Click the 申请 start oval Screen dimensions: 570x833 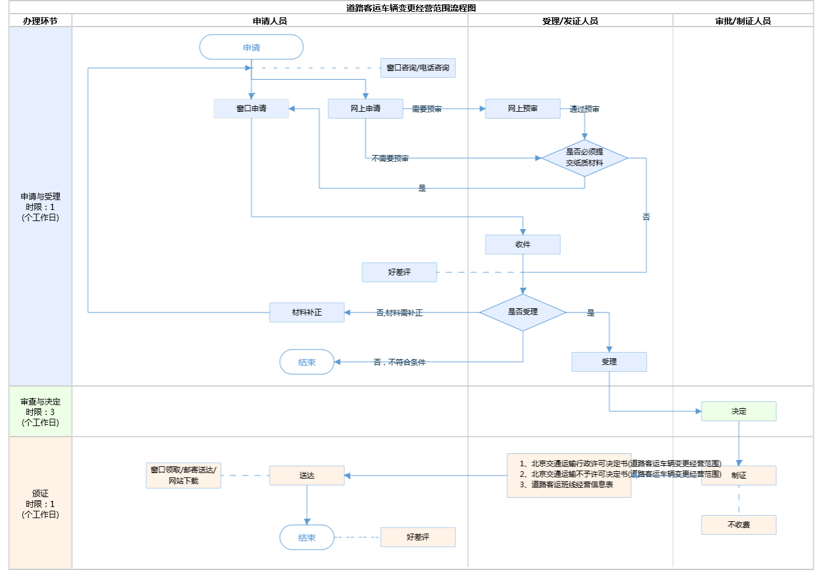(251, 48)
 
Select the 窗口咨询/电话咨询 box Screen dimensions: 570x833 (418, 68)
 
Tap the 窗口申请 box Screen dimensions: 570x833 (251, 109)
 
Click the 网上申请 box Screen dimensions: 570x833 (365, 109)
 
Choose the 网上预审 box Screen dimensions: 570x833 (523, 109)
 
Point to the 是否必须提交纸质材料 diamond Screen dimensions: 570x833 (584, 158)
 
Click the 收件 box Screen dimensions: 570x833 (523, 245)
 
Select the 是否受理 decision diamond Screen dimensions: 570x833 (523, 312)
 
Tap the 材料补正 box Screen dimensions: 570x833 (307, 312)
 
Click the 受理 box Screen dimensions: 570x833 (609, 362)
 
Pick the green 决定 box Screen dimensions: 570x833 (739, 411)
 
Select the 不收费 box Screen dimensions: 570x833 (739, 525)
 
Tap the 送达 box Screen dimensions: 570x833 (307, 476)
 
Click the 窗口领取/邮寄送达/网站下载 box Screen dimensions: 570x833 (183, 476)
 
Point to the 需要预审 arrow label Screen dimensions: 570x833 (426, 109)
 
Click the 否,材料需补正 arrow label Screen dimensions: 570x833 (399, 313)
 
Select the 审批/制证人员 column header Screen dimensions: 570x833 (743, 21)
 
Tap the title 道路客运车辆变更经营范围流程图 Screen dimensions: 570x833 (411, 8)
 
